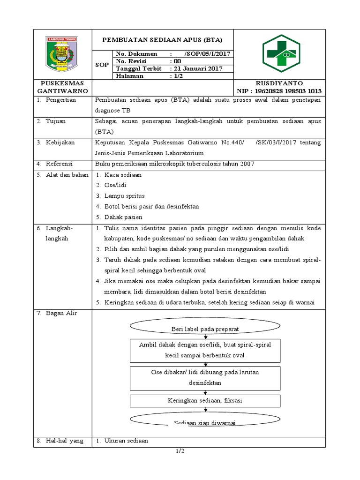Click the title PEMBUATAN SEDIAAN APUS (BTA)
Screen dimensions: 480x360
[x=162, y=39]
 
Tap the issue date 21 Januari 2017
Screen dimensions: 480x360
[x=196, y=68]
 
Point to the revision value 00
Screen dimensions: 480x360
[x=177, y=61]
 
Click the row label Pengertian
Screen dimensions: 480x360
[x=61, y=100]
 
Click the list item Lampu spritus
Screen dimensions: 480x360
[x=124, y=195]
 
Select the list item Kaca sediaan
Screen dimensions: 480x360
[x=123, y=175]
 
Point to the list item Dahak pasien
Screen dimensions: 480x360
[x=123, y=217]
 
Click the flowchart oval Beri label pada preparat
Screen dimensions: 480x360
[x=205, y=329]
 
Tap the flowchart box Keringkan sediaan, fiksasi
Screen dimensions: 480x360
[x=205, y=401]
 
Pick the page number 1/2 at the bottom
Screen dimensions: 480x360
[x=180, y=451]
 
